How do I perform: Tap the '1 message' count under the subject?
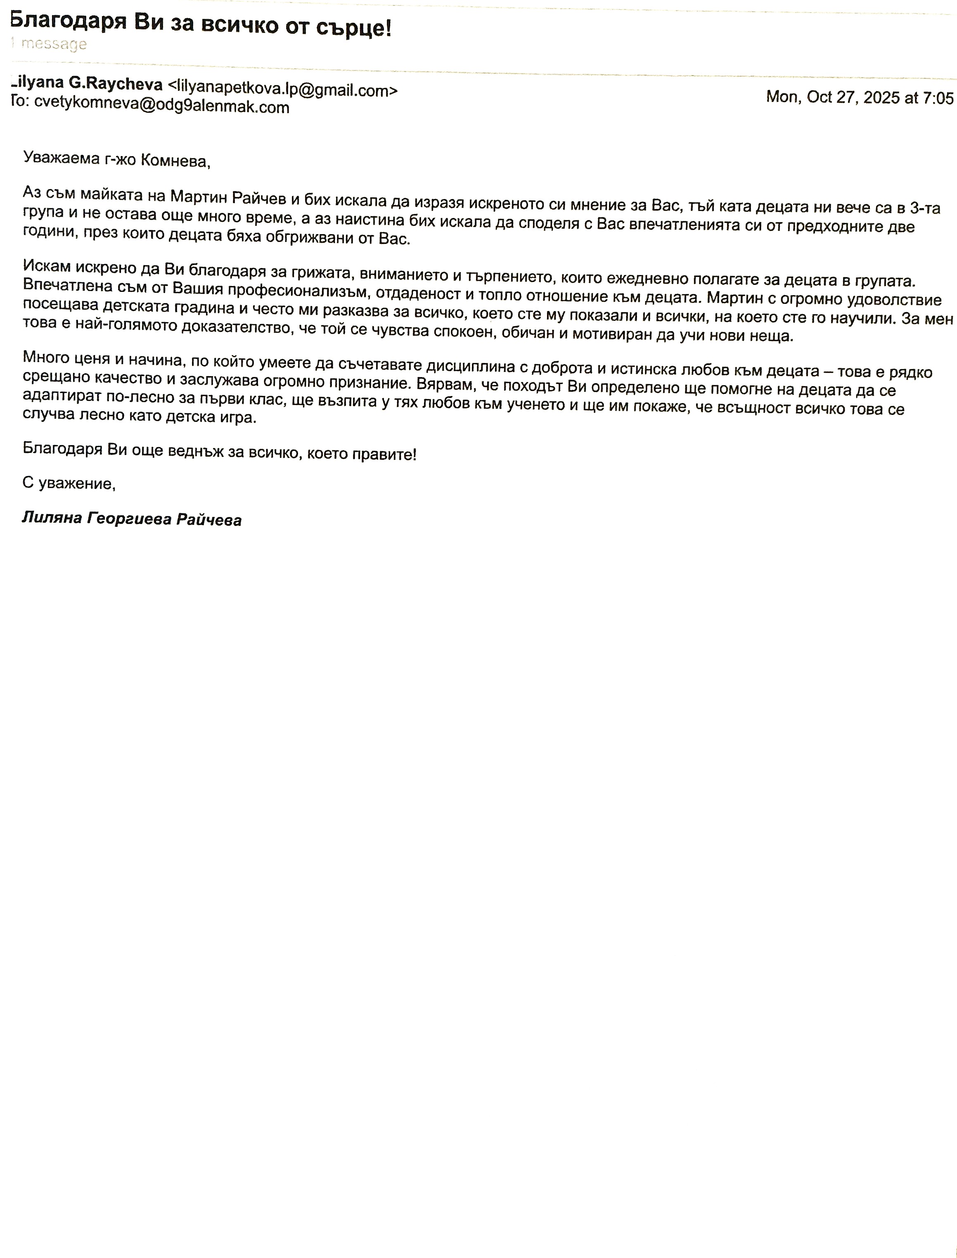coord(49,44)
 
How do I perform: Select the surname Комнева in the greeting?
coord(174,161)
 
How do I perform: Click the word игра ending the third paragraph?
coord(240,417)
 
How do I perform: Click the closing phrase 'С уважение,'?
coord(69,483)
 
